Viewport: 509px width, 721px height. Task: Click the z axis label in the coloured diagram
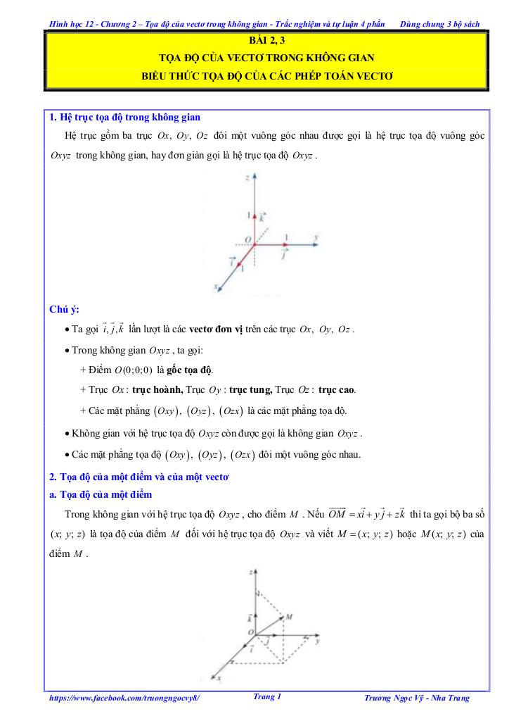click(x=248, y=180)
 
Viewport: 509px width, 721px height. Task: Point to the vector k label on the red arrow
click(x=262, y=219)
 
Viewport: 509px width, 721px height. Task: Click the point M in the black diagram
click(x=288, y=616)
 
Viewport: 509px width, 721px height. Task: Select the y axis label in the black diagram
click(x=318, y=642)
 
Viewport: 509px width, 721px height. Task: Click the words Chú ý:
click(x=65, y=309)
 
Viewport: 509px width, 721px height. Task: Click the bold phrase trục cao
click(x=337, y=389)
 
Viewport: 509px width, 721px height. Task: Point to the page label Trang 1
click(x=266, y=697)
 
